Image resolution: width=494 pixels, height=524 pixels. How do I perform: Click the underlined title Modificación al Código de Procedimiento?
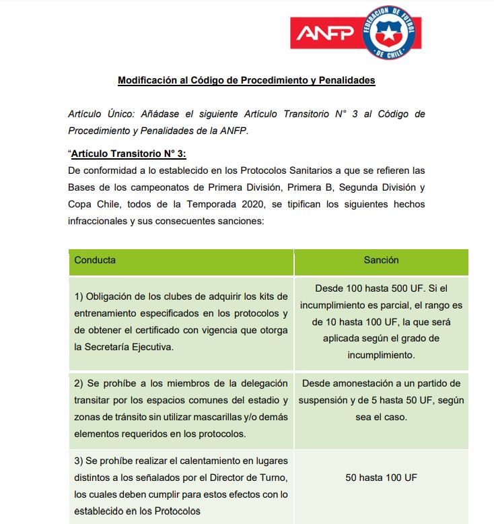(246, 80)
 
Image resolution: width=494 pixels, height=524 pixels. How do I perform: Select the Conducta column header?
(95, 260)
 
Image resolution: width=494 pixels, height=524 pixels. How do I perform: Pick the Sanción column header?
(381, 260)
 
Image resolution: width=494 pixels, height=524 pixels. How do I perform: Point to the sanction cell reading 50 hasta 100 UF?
(381, 478)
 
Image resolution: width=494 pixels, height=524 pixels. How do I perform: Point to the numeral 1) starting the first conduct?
(79, 296)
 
